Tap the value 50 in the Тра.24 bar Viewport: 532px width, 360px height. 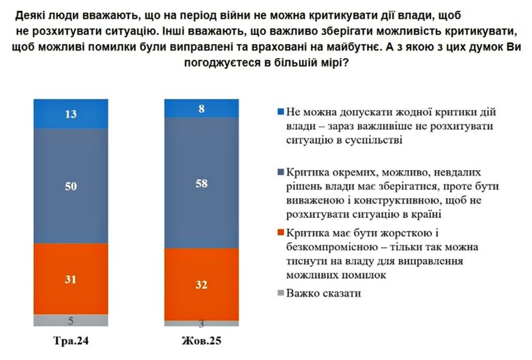click(x=71, y=186)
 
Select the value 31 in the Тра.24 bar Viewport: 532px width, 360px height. click(x=71, y=279)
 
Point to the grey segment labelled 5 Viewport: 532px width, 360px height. click(x=71, y=321)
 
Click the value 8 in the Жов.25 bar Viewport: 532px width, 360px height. click(x=202, y=109)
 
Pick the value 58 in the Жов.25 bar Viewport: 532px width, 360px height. click(x=202, y=183)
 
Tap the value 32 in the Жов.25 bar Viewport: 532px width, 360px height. click(x=202, y=285)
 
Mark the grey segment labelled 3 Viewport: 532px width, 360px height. click(x=202, y=324)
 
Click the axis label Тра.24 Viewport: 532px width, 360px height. click(x=71, y=342)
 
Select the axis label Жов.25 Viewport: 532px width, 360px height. click(x=202, y=342)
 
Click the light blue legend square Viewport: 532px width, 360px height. click(x=280, y=112)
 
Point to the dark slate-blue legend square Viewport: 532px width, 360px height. click(x=280, y=172)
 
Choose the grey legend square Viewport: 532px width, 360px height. click(x=280, y=293)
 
